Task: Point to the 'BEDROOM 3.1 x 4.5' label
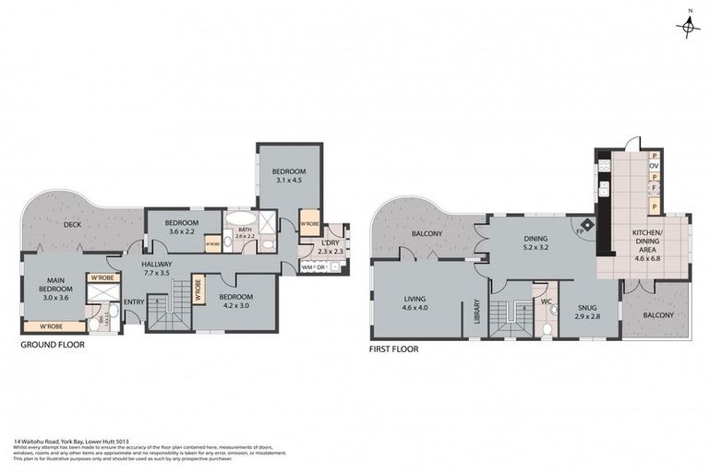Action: point(289,176)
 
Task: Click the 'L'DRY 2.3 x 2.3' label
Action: point(330,246)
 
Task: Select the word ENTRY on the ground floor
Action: point(134,301)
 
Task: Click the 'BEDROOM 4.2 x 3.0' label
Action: point(235,301)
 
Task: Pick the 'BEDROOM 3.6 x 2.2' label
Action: point(183,227)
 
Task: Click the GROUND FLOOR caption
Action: point(53,345)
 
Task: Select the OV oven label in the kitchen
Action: point(654,166)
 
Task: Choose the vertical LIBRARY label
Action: point(476,309)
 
